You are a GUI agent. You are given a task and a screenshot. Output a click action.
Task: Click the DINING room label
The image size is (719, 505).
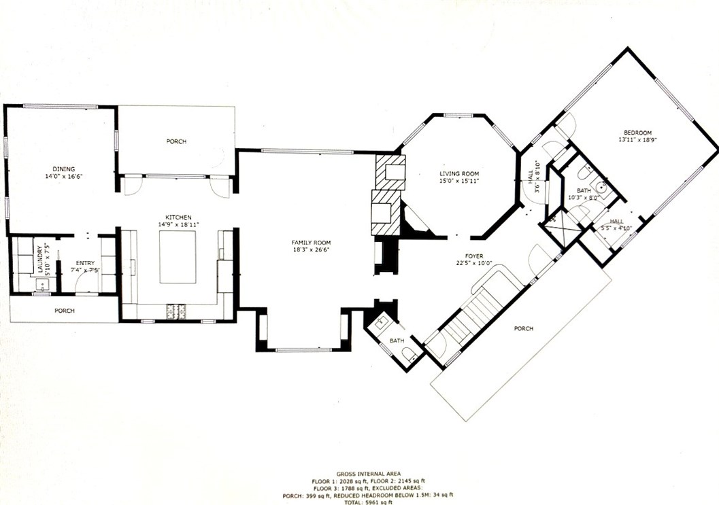65,169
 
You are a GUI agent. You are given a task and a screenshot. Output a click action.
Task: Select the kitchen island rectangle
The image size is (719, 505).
178,256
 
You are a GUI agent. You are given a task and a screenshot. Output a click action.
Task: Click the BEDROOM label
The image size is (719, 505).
638,132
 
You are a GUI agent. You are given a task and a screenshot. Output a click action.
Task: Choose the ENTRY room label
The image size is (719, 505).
85,263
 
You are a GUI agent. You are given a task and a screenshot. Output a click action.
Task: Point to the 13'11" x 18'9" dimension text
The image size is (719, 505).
637,139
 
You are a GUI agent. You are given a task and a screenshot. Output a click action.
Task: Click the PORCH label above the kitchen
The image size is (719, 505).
176,141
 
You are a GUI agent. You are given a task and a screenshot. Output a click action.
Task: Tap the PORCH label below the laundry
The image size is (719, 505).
65,311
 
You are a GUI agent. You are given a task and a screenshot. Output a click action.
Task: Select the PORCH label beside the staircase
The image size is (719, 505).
523,329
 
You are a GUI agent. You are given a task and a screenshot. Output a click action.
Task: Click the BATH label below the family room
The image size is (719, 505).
396,341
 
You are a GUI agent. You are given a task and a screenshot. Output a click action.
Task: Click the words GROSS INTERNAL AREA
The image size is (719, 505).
367,473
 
